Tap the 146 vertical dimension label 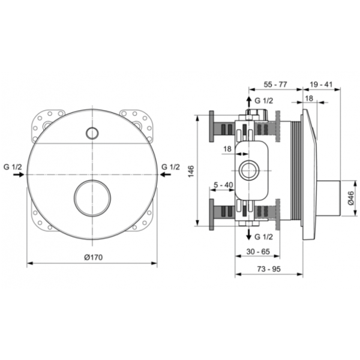point(191,170)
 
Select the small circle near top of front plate point(92,133)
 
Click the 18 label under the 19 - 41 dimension point(308,99)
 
